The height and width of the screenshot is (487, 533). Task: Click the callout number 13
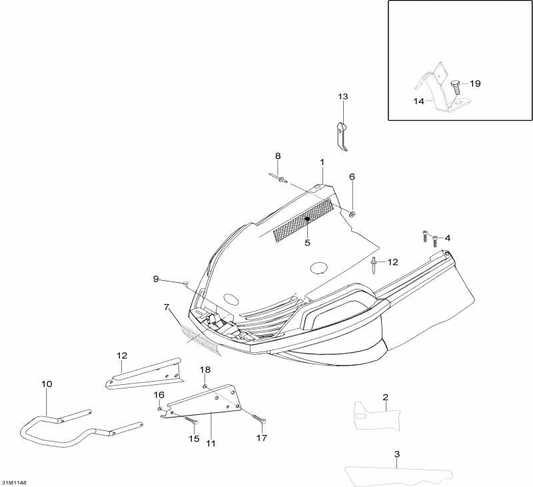coord(342,97)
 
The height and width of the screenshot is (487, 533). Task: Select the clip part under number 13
coord(342,136)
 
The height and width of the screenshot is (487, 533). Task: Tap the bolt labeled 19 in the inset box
coord(456,86)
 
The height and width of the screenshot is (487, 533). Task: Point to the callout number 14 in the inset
coord(418,101)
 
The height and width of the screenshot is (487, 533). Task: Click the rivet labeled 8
coord(283,179)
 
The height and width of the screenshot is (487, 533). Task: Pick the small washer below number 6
coord(352,213)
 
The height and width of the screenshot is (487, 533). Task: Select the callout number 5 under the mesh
coord(308,243)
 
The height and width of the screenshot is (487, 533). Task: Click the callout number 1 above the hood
coord(322,162)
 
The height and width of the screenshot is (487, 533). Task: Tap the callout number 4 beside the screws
coord(447,238)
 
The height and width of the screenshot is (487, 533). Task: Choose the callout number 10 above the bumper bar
coord(47,384)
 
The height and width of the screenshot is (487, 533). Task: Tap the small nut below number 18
coord(206,386)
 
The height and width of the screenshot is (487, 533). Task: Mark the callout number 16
coord(159,395)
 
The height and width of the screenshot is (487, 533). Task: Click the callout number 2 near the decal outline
coord(385,398)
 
